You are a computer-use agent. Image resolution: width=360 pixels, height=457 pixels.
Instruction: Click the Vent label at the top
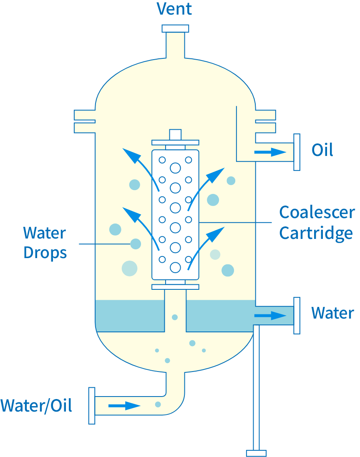click(x=174, y=9)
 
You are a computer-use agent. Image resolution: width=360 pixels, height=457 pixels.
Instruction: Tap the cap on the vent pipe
click(x=175, y=28)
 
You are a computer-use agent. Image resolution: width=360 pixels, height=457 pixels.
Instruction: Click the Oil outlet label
click(x=322, y=150)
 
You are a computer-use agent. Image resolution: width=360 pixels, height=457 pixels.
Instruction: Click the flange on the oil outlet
click(x=297, y=152)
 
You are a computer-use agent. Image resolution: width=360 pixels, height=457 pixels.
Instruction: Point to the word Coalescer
click(x=317, y=213)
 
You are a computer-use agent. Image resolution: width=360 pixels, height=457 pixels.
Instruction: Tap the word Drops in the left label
click(x=45, y=253)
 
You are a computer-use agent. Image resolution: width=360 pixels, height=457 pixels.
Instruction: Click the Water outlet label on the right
click(x=332, y=313)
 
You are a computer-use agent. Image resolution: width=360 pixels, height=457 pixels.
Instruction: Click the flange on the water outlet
click(x=297, y=315)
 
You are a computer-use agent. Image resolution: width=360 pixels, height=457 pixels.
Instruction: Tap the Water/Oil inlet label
click(x=36, y=405)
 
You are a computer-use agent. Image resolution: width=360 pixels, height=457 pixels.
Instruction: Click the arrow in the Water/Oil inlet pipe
click(x=124, y=405)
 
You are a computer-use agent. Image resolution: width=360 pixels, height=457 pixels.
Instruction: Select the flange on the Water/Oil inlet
click(x=92, y=406)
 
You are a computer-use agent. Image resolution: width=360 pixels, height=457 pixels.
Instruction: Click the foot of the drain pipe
click(x=256, y=453)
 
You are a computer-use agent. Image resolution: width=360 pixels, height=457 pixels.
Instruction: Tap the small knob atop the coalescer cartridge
click(x=175, y=135)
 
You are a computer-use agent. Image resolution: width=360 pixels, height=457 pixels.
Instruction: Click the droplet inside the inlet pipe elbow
click(x=158, y=404)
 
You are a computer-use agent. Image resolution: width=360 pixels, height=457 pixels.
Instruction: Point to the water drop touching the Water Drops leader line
click(x=136, y=244)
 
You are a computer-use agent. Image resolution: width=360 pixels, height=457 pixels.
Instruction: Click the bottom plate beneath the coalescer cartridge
click(x=175, y=287)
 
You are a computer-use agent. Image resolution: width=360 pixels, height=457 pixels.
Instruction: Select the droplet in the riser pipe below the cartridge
click(x=175, y=317)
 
